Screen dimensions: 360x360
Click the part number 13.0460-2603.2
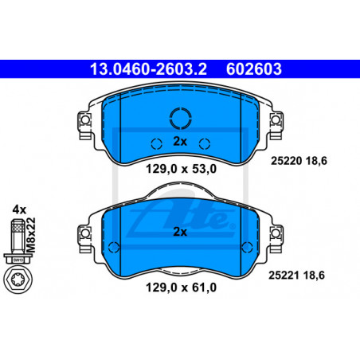148,69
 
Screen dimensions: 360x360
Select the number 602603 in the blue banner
253,69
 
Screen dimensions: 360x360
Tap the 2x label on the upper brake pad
180,142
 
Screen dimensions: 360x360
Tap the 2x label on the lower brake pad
180,232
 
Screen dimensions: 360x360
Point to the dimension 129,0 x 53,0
182,169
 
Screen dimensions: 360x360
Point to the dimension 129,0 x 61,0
182,288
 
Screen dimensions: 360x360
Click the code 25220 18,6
299,161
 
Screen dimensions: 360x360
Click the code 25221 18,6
296,276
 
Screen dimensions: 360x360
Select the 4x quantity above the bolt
19,209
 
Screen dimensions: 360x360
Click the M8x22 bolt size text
31,235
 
